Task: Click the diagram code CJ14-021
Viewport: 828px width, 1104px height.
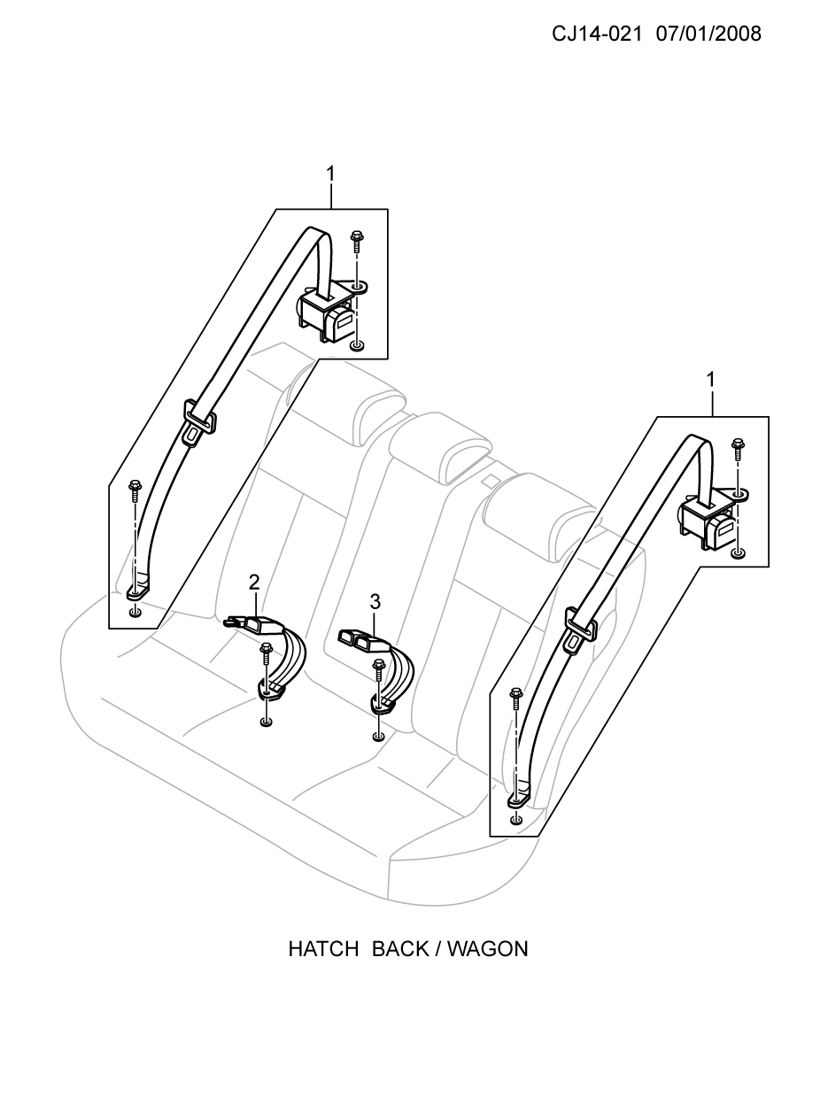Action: (597, 35)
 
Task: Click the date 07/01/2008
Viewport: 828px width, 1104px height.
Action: (708, 35)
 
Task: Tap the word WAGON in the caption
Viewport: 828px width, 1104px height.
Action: (487, 950)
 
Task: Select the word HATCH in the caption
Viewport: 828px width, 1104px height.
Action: (323, 950)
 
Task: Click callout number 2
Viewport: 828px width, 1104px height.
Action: (254, 583)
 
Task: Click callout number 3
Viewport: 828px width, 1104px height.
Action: (375, 601)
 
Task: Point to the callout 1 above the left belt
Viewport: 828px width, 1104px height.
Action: (330, 174)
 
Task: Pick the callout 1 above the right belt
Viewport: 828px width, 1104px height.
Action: (711, 380)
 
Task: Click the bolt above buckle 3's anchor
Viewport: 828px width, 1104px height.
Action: (378, 668)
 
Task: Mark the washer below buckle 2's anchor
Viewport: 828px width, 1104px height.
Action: (266, 722)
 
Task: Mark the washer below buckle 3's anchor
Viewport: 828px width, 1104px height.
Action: (378, 737)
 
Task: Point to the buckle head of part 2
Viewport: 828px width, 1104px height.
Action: (253, 623)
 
